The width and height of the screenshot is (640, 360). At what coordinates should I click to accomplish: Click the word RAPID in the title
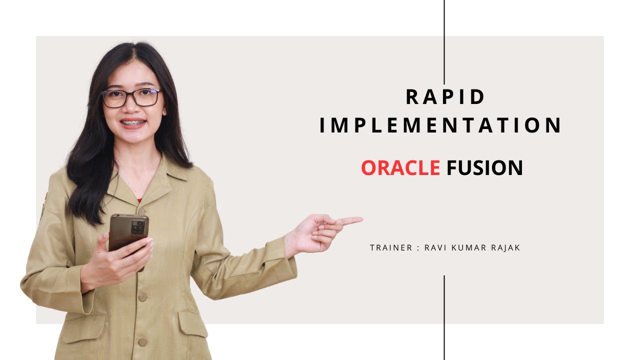[x=445, y=97]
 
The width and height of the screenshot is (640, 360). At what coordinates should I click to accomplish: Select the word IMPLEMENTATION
[x=440, y=125]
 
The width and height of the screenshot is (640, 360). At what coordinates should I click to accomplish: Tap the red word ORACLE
[x=400, y=168]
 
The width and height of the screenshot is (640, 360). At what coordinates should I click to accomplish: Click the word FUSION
[x=484, y=168]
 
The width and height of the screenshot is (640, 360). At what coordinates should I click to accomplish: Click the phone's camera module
[x=138, y=227]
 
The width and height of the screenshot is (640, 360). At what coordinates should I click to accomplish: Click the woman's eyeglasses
[x=131, y=97]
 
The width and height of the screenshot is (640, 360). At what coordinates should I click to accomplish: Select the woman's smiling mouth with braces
[x=133, y=123]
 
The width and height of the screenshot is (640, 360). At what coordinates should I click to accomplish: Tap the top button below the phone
[x=142, y=297]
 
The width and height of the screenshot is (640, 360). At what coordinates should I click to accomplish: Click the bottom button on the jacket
[x=142, y=342]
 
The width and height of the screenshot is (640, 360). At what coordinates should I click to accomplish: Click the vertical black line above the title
[x=444, y=40]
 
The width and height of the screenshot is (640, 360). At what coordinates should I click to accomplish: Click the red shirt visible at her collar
[x=139, y=200]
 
